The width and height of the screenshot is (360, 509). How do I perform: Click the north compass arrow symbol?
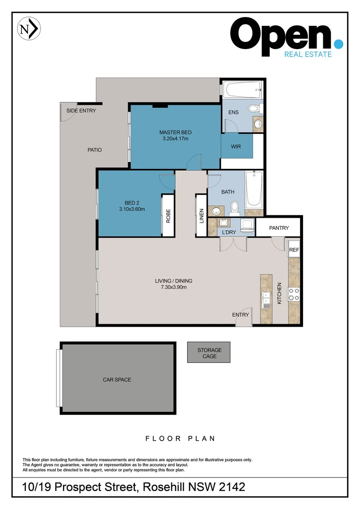[29, 29]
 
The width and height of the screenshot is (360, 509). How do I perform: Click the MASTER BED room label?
[175, 132]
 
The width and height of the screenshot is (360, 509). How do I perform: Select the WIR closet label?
[236, 147]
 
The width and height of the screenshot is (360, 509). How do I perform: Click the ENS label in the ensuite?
[233, 112]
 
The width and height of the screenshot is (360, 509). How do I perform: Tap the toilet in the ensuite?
[254, 108]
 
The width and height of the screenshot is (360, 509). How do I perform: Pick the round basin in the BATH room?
[217, 211]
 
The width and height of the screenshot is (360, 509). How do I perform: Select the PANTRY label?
[278, 228]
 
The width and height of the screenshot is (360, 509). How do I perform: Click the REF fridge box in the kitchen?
[294, 250]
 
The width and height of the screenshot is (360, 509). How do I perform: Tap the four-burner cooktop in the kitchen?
[294, 294]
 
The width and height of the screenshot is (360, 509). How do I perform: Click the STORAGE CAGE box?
[209, 353]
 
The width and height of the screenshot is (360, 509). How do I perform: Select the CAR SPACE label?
[117, 379]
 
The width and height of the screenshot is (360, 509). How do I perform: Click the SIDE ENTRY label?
[81, 111]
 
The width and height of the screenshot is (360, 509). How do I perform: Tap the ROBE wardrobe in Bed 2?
[168, 215]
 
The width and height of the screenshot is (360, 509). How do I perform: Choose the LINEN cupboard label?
[201, 215]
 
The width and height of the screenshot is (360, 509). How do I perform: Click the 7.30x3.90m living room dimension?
[173, 287]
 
